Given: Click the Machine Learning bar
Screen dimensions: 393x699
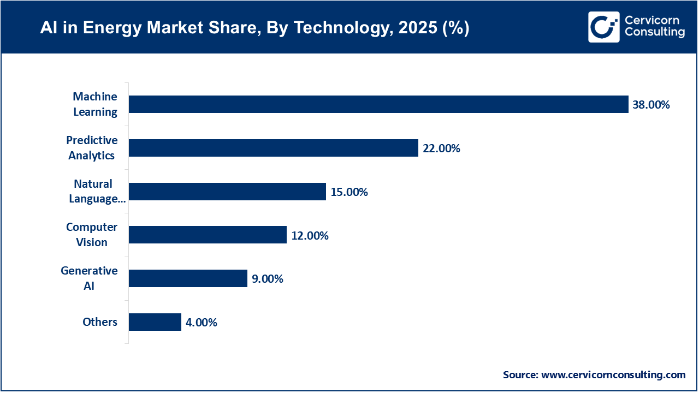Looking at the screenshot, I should click(x=378, y=104).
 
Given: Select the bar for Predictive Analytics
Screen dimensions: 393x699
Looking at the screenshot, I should click(x=273, y=148).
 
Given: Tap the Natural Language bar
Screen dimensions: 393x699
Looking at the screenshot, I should click(x=227, y=192).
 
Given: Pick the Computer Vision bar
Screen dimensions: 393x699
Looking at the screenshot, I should click(x=208, y=235).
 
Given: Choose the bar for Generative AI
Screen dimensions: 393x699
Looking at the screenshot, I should click(x=188, y=278).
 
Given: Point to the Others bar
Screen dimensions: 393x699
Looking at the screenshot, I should click(x=155, y=322).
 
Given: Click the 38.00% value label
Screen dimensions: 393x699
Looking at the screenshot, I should click(x=651, y=105).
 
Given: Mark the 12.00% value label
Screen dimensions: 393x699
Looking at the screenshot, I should click(x=310, y=236).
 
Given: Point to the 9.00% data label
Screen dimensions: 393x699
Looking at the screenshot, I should click(x=267, y=279).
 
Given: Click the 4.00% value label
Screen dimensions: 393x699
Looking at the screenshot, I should click(x=202, y=323).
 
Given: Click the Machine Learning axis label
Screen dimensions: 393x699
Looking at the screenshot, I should click(x=95, y=104).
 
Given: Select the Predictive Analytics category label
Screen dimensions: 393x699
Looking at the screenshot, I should click(x=92, y=148).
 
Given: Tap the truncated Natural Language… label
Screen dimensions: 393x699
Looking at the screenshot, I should click(x=97, y=192).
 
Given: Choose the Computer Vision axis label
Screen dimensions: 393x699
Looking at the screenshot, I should click(x=92, y=235).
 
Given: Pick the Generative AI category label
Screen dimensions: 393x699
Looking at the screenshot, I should click(x=89, y=278).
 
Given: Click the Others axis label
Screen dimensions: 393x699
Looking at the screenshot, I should click(x=100, y=322).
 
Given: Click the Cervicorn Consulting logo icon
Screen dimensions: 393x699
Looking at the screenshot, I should click(x=603, y=27).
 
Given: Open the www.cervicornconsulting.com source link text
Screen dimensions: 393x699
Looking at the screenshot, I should click(x=613, y=375).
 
